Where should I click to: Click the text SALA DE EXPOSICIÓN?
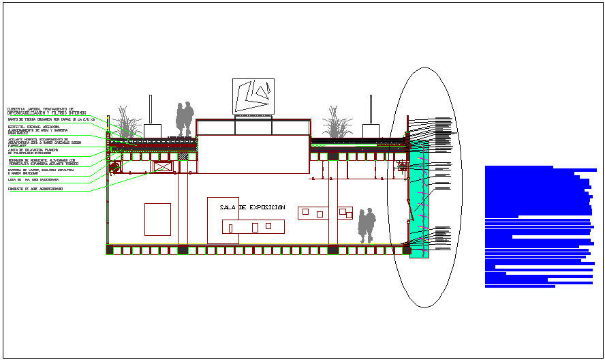[x=252, y=207]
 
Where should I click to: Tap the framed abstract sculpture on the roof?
[x=253, y=96]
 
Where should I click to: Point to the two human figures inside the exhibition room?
[x=367, y=225]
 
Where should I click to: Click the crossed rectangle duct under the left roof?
[x=164, y=166]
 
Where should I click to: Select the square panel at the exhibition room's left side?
[x=157, y=219]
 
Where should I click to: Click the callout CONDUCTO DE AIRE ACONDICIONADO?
[x=35, y=188]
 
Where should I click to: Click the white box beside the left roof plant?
[x=152, y=131]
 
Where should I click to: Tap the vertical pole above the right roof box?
[x=371, y=109]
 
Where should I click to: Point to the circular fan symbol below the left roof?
[x=115, y=166]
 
